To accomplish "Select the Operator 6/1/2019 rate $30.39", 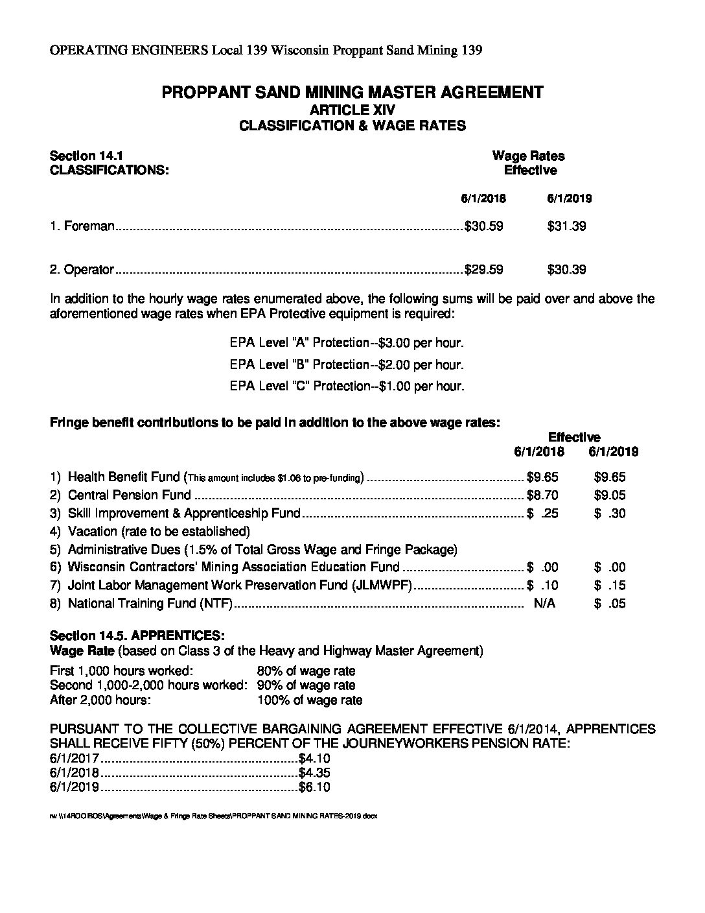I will (x=566, y=270).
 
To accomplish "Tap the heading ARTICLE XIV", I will (x=352, y=110).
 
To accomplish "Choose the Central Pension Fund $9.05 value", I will (x=609, y=495).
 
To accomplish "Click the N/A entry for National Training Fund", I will (x=544, y=604).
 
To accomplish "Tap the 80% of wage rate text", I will (x=306, y=671).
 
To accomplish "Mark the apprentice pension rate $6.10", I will (x=315, y=788).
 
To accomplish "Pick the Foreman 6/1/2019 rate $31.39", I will (x=566, y=226).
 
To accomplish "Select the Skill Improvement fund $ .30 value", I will (x=609, y=514).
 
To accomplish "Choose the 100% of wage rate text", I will (x=309, y=700).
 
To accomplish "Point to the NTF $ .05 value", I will (x=609, y=604).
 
